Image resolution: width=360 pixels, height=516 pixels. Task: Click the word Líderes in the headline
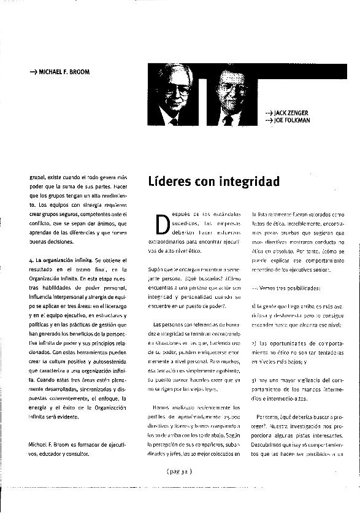[x=172, y=182]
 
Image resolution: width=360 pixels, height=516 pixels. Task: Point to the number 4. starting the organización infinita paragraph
[x=31, y=261]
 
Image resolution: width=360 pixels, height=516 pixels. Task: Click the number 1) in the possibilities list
[x=254, y=306]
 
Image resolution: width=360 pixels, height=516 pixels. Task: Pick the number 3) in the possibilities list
[x=254, y=380]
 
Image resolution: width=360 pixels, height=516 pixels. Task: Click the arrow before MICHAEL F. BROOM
[x=33, y=72]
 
